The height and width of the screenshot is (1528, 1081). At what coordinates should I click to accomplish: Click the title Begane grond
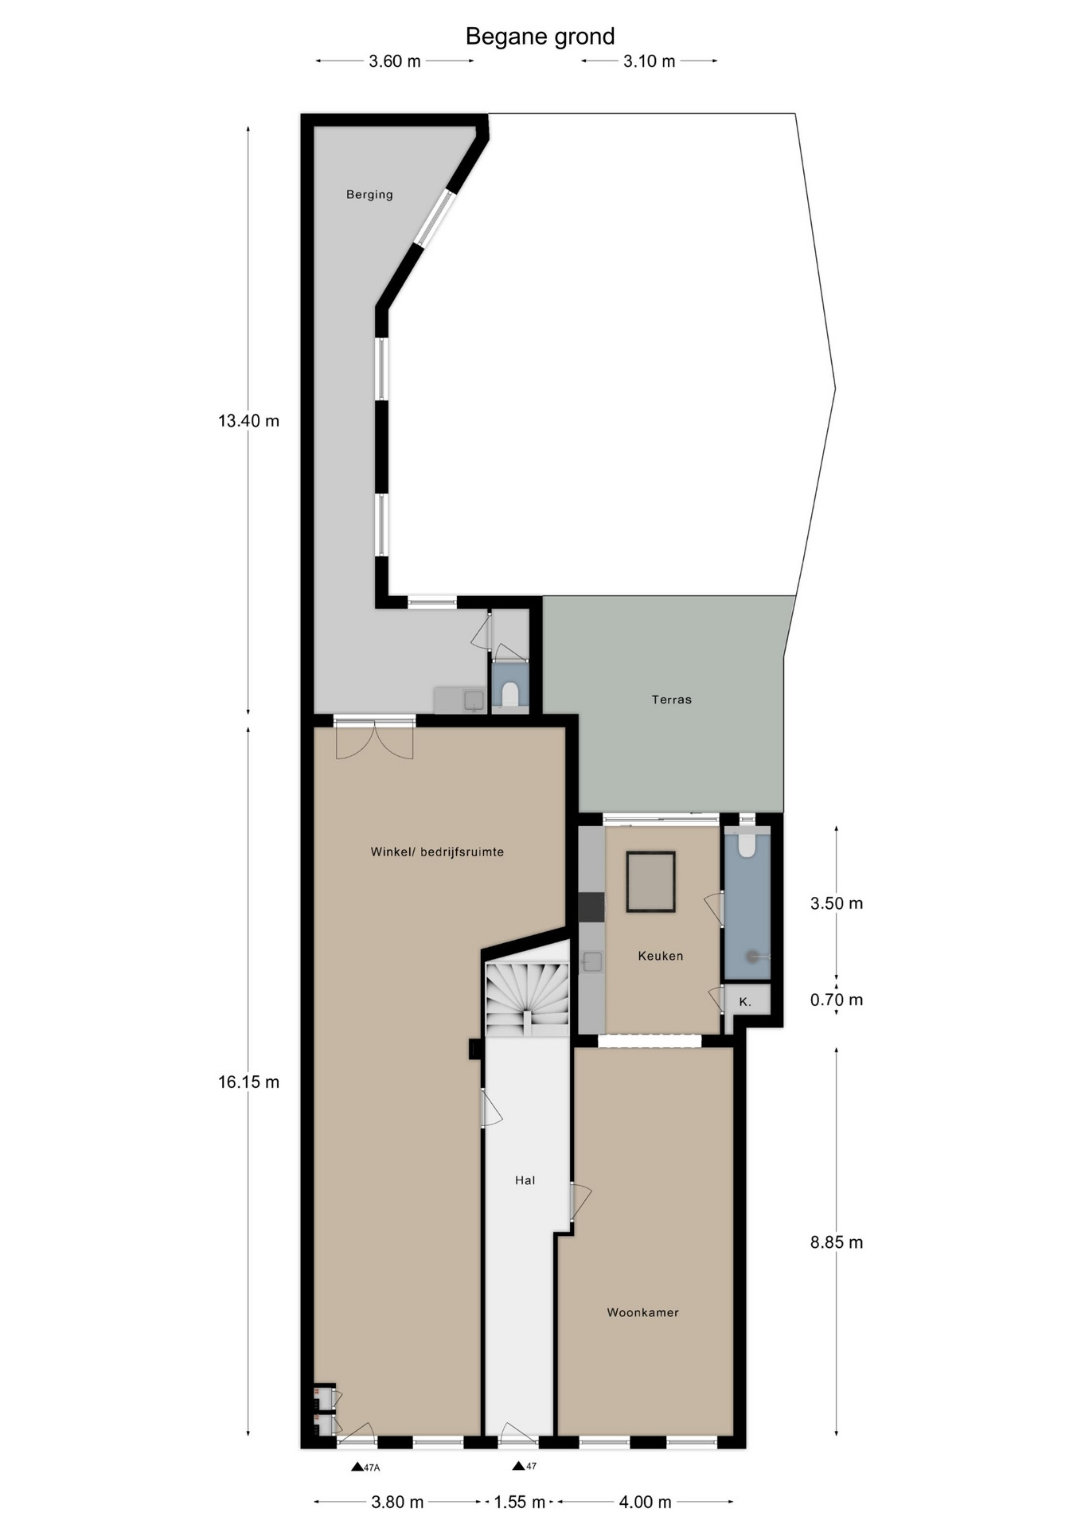coord(540,37)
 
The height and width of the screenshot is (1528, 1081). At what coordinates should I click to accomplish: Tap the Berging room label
coord(369,194)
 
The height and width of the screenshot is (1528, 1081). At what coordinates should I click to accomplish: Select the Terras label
coord(671,700)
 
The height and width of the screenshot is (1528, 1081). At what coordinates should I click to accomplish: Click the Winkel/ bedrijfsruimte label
coord(437,852)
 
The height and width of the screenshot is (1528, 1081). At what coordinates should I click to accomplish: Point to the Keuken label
coord(661,956)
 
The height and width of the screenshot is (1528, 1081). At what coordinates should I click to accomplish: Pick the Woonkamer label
coord(643,1312)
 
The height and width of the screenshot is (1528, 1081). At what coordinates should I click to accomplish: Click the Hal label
coord(525,1180)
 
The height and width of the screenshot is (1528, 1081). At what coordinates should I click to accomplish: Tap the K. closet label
coord(745,1002)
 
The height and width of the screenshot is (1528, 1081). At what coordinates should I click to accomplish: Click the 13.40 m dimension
coord(249,421)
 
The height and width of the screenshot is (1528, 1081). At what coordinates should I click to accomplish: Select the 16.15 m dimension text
coord(249,1082)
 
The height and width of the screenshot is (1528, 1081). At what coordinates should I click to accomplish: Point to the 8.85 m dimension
coord(837,1242)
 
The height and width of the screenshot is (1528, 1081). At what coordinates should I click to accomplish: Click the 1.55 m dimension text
coord(520,1502)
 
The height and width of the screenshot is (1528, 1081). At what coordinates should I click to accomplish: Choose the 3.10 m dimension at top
coord(649,61)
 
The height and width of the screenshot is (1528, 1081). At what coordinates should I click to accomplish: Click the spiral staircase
coord(528,998)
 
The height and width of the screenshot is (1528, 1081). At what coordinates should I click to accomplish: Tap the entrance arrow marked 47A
coord(357,1467)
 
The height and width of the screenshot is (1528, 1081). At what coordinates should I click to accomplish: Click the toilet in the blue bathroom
coord(747,844)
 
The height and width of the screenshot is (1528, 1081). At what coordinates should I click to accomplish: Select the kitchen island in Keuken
coord(650,882)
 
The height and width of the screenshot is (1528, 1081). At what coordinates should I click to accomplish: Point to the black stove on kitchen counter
coord(591,906)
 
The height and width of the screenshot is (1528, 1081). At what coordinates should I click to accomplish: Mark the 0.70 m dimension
coord(837,1000)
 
